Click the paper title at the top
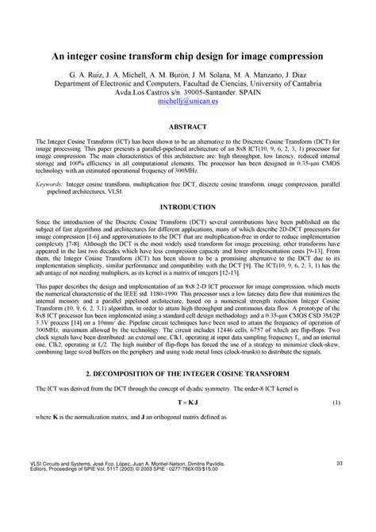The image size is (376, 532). pos(188,57)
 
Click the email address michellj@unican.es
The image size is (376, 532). pos(187,102)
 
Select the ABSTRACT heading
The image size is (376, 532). pos(188,127)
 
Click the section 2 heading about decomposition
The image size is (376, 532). pos(188,391)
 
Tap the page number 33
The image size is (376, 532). pos(338,484)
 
